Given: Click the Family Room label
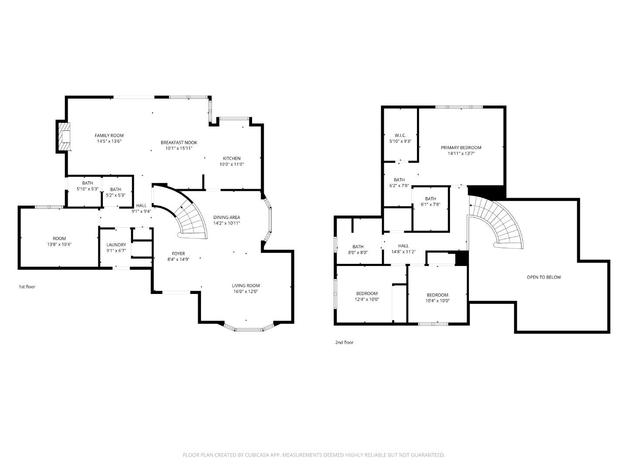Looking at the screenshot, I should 109,135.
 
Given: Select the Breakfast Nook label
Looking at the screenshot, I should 179,143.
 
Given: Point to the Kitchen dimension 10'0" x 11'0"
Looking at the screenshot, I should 232,164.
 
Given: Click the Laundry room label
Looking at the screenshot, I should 116,245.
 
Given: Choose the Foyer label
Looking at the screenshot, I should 178,253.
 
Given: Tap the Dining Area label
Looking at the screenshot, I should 226,217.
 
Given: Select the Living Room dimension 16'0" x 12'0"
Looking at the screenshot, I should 246,292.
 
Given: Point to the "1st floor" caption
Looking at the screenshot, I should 27,287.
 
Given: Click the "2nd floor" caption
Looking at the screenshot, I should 344,342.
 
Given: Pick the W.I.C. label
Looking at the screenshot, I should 400,135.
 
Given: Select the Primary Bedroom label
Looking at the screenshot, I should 461,147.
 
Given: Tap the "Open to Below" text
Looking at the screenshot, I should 543,277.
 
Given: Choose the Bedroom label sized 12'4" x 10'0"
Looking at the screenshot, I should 366,294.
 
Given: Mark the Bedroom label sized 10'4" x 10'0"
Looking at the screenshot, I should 437,295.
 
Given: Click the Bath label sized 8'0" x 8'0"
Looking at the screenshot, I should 358,246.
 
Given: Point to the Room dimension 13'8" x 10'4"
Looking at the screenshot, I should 59,245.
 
